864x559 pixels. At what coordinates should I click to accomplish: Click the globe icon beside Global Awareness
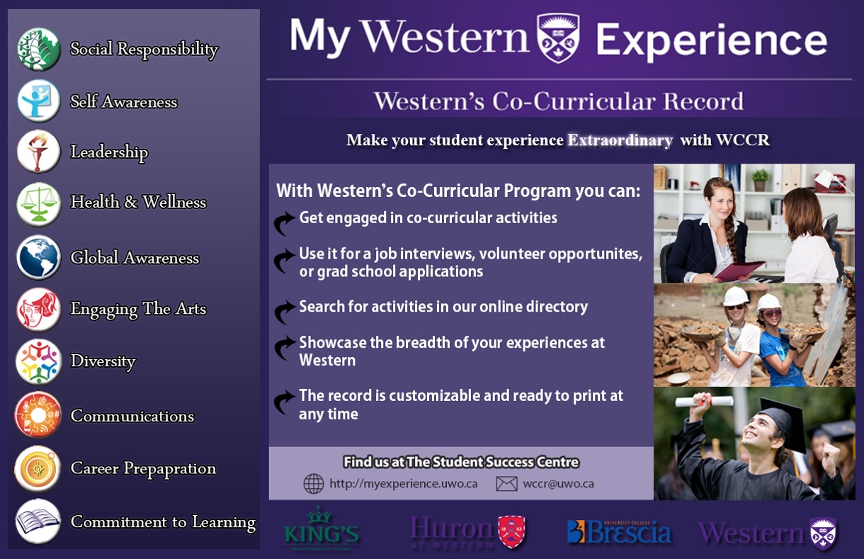click(38, 257)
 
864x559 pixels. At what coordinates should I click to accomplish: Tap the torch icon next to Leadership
click(38, 151)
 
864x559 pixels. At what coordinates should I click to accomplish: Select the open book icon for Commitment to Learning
click(38, 521)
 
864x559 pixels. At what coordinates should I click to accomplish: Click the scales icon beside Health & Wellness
click(38, 204)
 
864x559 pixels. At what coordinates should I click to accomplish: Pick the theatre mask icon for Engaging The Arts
click(38, 310)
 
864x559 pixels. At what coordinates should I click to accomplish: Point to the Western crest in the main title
click(558, 38)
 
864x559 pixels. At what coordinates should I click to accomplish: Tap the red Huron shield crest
click(511, 531)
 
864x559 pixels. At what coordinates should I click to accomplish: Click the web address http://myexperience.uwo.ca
click(404, 484)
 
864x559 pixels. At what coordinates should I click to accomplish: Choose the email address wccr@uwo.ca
click(558, 484)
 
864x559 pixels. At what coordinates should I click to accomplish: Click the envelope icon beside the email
click(506, 484)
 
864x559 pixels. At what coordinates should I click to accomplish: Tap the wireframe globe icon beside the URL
click(314, 484)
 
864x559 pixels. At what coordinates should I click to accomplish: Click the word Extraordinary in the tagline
click(620, 140)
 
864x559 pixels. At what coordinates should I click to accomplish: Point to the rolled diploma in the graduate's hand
click(705, 401)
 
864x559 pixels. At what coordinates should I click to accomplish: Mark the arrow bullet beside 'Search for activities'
click(284, 310)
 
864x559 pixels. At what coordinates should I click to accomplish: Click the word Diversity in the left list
click(103, 361)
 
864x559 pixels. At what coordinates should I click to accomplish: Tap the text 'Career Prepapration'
click(144, 469)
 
